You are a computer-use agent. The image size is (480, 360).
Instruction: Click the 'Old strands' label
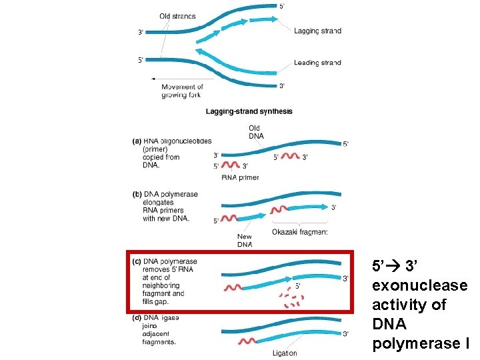(x=178, y=16)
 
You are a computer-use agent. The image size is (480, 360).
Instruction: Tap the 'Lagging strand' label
(x=317, y=31)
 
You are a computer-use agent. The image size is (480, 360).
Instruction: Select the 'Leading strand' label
(x=317, y=63)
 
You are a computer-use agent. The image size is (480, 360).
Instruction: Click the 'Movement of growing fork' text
(x=181, y=91)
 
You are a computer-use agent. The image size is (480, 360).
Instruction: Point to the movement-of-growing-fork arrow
(x=174, y=79)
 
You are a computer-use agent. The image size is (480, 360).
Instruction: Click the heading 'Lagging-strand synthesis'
(x=249, y=112)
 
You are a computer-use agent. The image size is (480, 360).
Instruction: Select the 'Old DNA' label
(x=255, y=132)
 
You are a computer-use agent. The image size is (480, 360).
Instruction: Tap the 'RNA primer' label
(x=240, y=177)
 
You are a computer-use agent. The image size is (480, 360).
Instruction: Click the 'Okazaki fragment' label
(x=300, y=232)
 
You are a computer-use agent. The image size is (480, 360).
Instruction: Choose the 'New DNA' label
(x=244, y=240)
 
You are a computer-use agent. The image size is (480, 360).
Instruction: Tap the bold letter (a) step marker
(x=137, y=141)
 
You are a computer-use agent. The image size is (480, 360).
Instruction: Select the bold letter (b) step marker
(x=137, y=195)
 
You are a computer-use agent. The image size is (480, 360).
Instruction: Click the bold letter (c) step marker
(x=137, y=261)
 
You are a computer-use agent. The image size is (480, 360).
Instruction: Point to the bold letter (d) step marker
(x=137, y=318)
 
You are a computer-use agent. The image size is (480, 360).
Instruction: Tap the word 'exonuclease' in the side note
(x=420, y=285)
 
